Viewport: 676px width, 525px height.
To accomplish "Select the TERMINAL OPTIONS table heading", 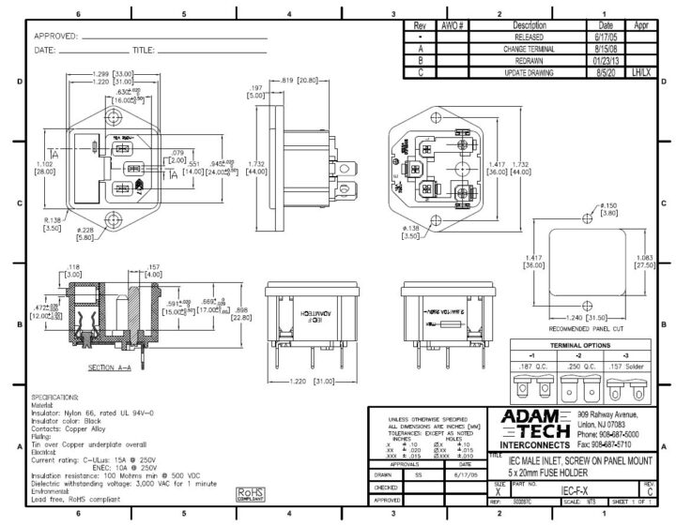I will click(586, 346).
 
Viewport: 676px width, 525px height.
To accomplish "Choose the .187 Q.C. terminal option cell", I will click(531, 367).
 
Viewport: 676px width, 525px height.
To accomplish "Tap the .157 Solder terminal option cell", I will click(639, 367).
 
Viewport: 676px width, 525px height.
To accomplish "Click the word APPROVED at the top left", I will click(54, 37).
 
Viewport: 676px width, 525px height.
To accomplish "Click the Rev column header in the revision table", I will click(420, 26).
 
